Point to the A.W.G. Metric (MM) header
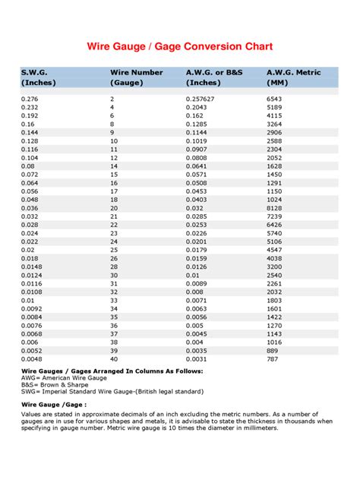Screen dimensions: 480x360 point(294,77)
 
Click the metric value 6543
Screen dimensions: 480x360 point(276,99)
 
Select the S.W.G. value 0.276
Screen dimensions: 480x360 point(30,99)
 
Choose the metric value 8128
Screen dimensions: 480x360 point(276,207)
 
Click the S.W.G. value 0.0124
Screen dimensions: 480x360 point(31,274)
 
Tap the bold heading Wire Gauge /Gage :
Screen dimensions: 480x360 point(52,406)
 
